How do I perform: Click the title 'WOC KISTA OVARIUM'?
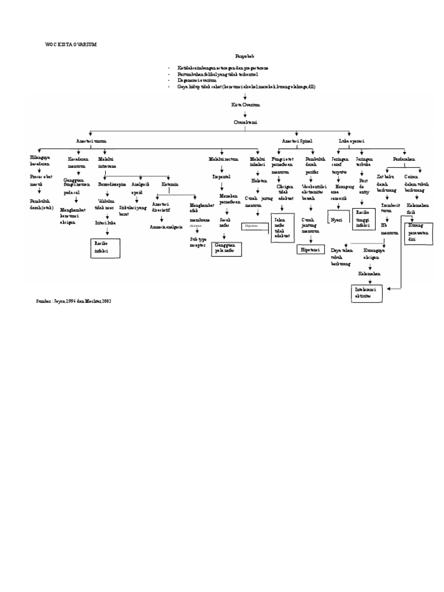pos(71,45)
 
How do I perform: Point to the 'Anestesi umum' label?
pos(91,140)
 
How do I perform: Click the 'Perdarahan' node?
pos(404,157)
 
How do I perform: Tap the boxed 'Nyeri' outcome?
pos(336,219)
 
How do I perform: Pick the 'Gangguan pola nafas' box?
pos(227,249)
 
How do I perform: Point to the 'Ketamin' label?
pos(170,184)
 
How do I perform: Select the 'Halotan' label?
pos(258,180)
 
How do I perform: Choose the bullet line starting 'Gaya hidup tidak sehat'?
pos(243,86)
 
